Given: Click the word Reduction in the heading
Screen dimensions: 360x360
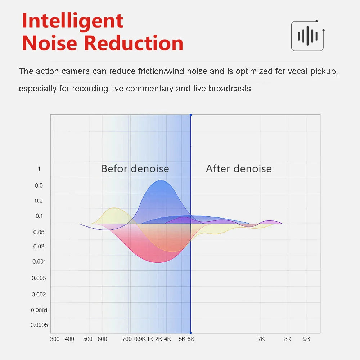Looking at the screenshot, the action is point(134,43).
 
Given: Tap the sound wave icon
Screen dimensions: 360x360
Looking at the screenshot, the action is point(308,36).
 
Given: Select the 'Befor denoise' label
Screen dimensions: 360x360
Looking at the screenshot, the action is point(135,169).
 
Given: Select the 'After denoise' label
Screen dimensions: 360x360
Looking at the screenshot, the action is point(239,169).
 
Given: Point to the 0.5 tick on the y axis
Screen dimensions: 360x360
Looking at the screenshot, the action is point(39,185).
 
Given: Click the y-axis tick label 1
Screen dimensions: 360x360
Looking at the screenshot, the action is point(39,169).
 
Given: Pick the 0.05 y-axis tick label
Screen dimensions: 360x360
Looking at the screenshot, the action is point(39,232).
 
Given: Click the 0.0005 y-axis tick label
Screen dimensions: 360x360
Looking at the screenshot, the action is point(39,325).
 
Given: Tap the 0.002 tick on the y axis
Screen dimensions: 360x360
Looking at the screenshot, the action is point(39,294).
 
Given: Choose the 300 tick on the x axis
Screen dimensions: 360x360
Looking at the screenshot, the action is point(55,339).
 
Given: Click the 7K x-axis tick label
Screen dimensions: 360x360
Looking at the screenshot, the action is point(261,339).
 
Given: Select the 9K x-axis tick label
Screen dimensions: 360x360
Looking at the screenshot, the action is point(307,339).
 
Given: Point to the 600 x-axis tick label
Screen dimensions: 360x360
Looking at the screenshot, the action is point(102,339).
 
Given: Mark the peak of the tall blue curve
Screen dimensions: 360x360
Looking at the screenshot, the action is point(161,180).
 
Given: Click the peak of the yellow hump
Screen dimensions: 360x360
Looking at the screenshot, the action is point(114,208).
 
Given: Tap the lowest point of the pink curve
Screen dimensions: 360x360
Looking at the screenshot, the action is point(158,262).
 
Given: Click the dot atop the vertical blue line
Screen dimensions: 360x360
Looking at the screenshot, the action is point(190,115).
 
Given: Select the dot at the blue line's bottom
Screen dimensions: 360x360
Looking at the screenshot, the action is point(190,333).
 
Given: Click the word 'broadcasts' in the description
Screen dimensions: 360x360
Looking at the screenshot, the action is point(230,89).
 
